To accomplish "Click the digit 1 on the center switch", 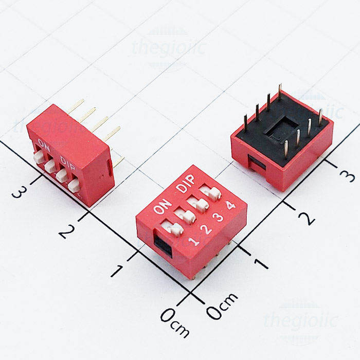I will tap(194, 241).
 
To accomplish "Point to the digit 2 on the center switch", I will tap(206, 229).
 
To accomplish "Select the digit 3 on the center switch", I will tap(219, 217).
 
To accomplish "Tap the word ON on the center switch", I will tap(162, 208).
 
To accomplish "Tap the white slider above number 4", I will tap(211, 192).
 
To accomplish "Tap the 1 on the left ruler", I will tap(118, 271).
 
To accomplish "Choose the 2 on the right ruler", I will tap(307, 218).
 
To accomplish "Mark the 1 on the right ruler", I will tap(262, 263).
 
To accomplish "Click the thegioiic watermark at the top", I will tap(169, 49).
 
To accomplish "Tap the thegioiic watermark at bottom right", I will tap(300, 320).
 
